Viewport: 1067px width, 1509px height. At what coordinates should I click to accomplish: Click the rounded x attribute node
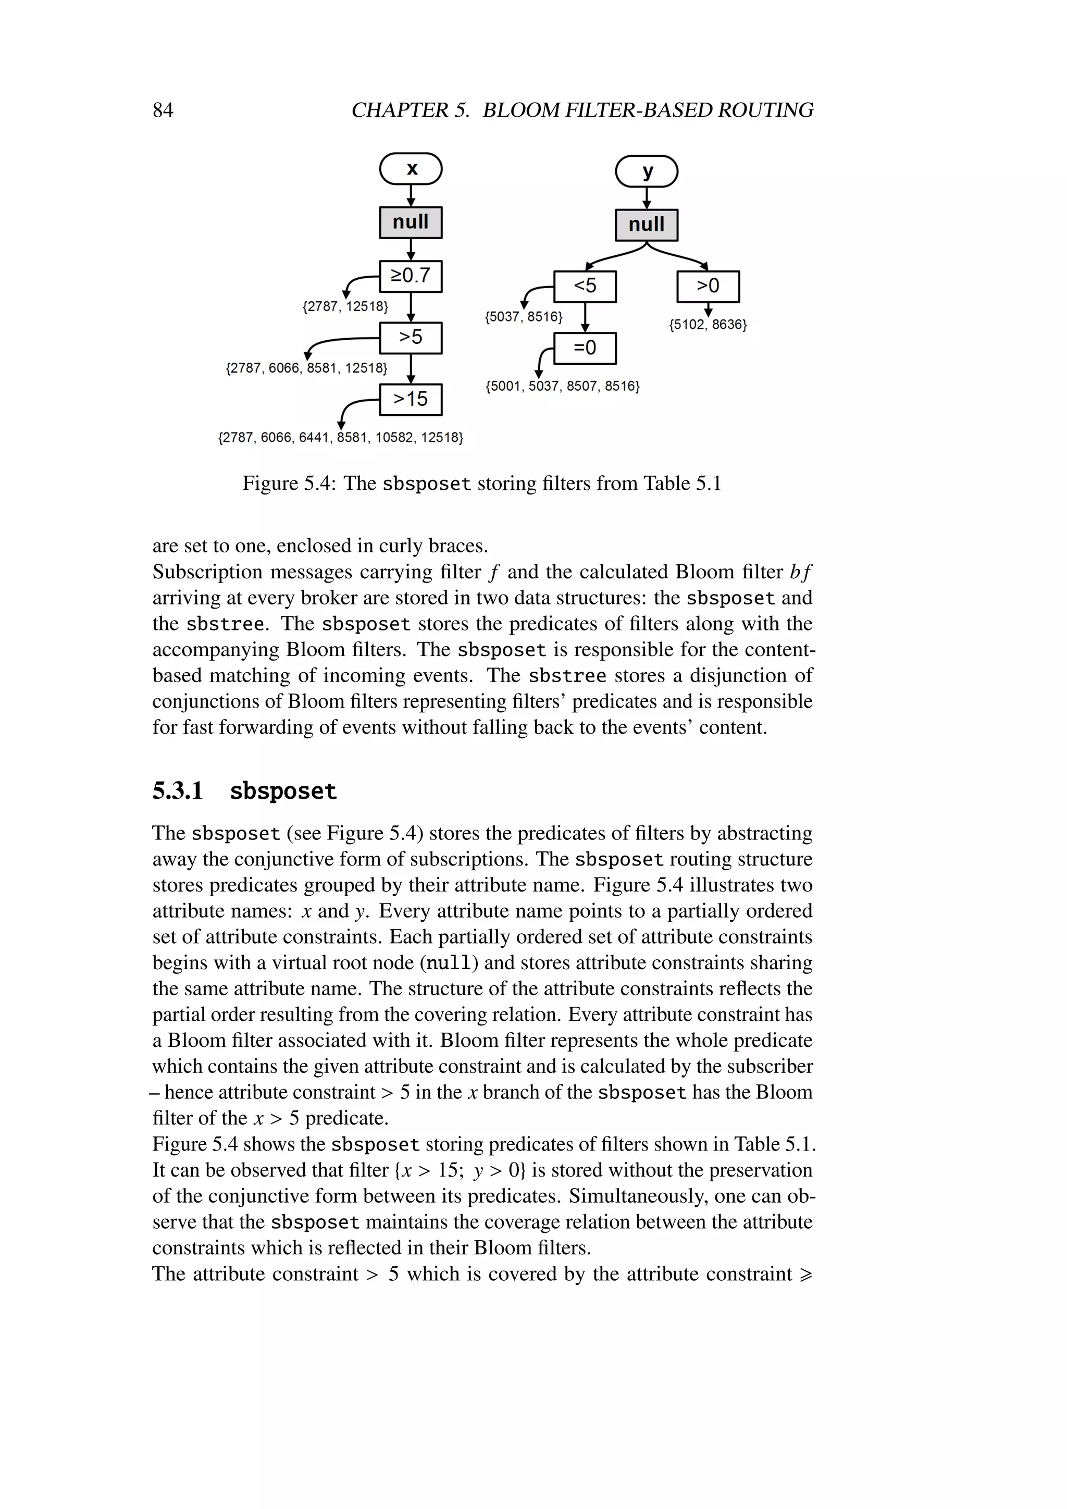[411, 169]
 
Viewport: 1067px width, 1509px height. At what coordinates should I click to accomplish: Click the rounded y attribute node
[647, 171]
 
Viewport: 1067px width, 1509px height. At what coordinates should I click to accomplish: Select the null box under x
[411, 222]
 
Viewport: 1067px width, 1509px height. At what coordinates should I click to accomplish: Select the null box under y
[647, 225]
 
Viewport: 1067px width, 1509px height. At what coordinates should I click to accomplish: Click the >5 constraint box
[411, 338]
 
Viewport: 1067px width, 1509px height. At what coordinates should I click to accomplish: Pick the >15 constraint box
[411, 400]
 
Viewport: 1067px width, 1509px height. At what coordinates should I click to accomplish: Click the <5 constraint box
[585, 287]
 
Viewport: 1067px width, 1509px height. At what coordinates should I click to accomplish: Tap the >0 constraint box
[708, 287]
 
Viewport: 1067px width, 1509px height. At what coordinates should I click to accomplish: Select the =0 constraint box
[585, 348]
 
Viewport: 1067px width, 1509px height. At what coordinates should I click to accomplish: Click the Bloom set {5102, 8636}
[708, 325]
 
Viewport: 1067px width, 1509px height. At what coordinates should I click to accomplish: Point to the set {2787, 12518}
[345, 306]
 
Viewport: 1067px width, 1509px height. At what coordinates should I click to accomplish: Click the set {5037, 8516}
[524, 317]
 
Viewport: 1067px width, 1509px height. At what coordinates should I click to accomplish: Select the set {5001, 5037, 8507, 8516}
[562, 386]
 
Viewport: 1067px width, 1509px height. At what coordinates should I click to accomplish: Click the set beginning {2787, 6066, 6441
[340, 438]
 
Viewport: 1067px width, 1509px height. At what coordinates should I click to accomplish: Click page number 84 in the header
[163, 110]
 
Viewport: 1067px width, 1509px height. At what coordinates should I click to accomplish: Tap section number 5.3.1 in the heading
[177, 790]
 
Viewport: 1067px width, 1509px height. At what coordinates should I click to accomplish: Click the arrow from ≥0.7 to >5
[411, 307]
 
